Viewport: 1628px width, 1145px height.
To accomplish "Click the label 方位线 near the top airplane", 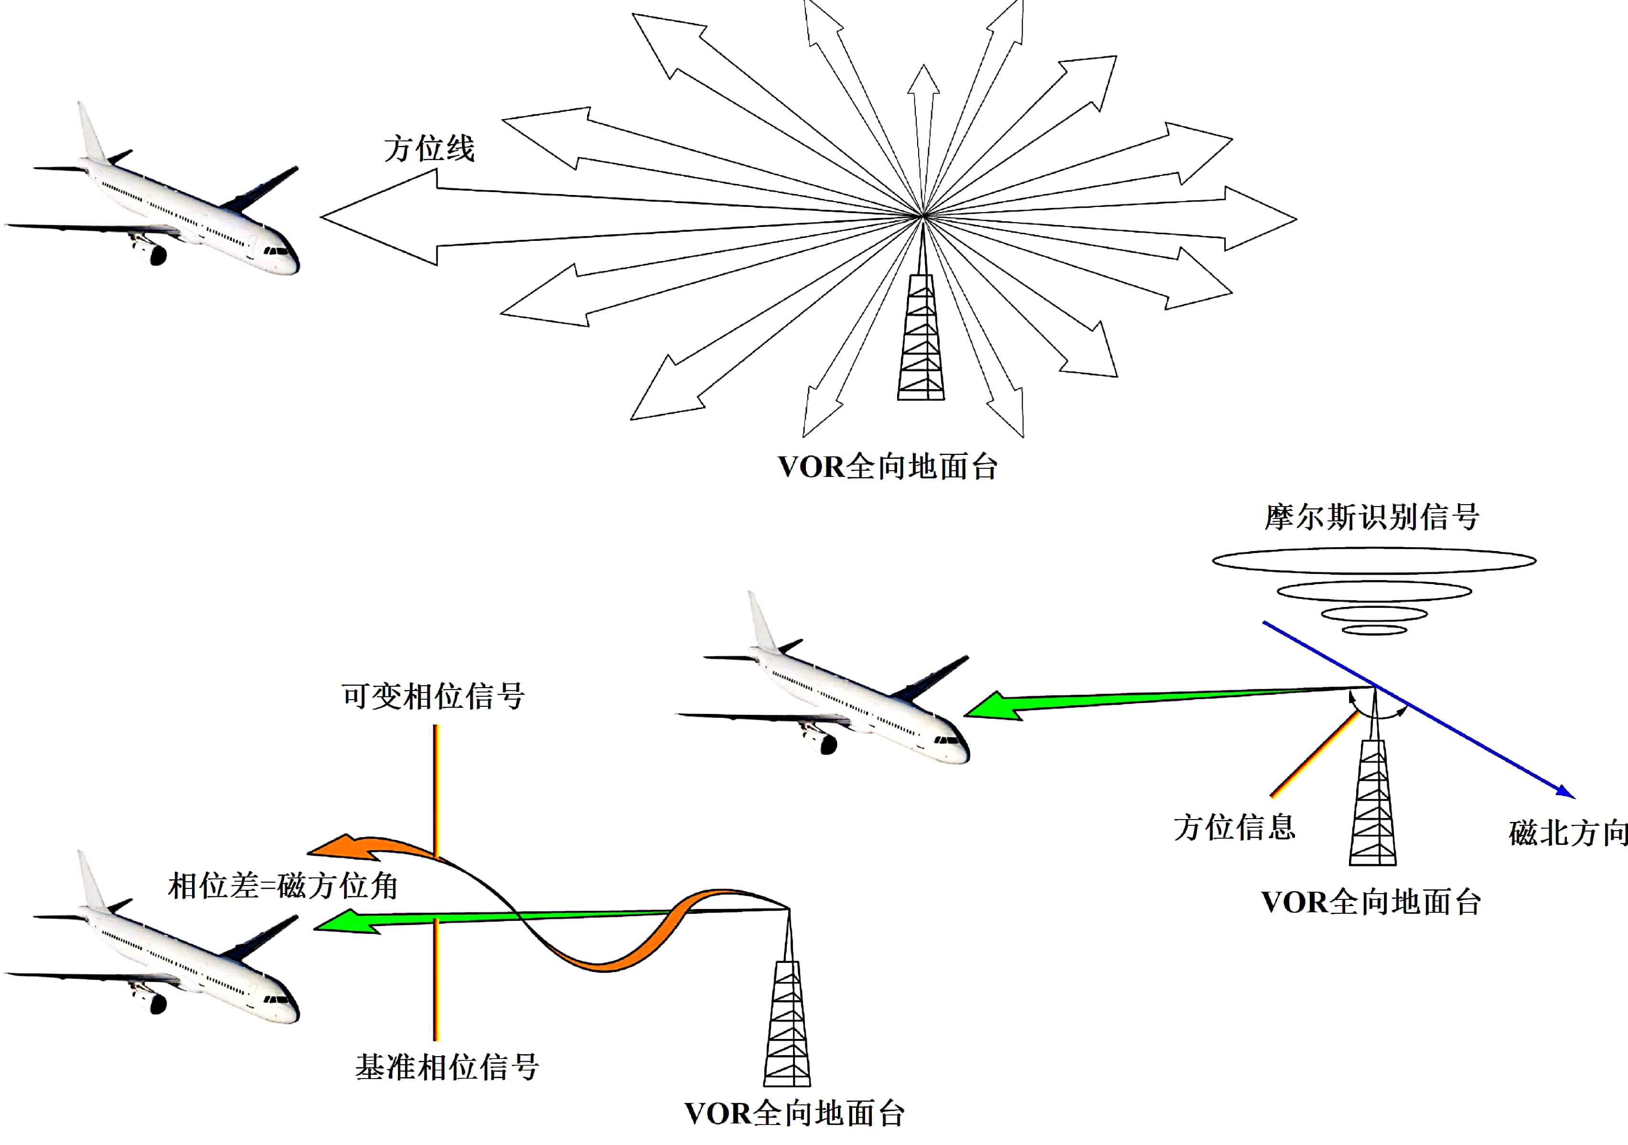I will (429, 149).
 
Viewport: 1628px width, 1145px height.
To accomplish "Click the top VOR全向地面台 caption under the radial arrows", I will (887, 467).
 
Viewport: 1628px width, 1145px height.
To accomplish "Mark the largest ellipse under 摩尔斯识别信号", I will (1374, 561).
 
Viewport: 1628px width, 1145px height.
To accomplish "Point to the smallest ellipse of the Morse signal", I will (1374, 629).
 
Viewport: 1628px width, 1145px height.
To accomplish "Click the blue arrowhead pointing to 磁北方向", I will (1565, 792).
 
